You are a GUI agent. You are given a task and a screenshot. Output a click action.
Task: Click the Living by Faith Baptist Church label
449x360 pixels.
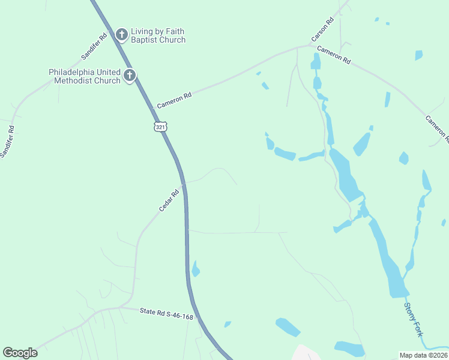pyautogui.click(x=158, y=35)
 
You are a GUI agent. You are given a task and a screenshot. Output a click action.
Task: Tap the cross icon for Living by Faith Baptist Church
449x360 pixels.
pyautogui.click(x=122, y=35)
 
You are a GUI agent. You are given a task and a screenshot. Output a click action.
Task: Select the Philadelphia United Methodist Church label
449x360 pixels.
pyautogui.click(x=85, y=76)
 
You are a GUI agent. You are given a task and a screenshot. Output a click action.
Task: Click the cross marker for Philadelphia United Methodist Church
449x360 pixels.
pyautogui.click(x=130, y=76)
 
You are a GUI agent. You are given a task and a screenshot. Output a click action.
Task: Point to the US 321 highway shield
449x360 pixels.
pyautogui.click(x=160, y=127)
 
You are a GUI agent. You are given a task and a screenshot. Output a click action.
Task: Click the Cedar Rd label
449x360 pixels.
pyautogui.click(x=169, y=200)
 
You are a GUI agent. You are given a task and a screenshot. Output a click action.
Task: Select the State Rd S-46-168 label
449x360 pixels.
pyautogui.click(x=166, y=314)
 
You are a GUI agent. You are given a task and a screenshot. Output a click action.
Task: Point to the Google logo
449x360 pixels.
pyautogui.click(x=20, y=353)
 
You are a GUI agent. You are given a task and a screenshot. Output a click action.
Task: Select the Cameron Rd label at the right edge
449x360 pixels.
pyautogui.click(x=437, y=128)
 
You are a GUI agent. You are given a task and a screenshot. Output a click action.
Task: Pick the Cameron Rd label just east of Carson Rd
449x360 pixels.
pyautogui.click(x=334, y=55)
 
